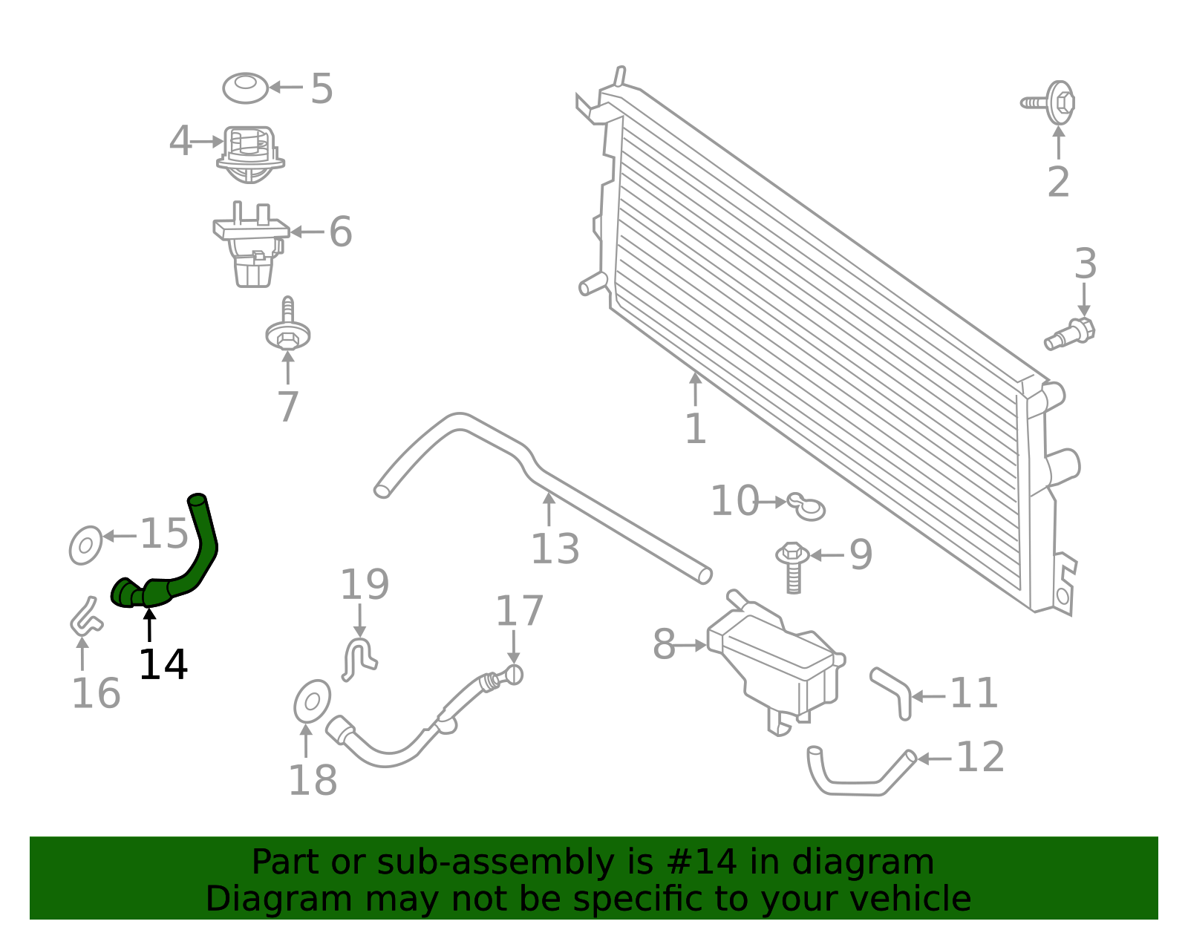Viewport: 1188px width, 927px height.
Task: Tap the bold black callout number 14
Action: (163, 664)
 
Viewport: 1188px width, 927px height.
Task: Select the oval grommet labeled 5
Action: (245, 88)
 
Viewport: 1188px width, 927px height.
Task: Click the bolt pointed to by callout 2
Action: (1054, 102)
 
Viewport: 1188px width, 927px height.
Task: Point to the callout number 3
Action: (1086, 265)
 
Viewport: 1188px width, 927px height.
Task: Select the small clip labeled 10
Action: (807, 506)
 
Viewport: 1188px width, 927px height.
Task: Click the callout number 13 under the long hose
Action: (555, 549)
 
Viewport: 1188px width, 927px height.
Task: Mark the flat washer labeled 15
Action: (85, 546)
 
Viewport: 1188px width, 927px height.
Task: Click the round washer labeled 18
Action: (313, 701)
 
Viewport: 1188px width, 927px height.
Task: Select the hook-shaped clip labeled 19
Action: (359, 657)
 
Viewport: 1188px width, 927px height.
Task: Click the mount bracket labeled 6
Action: (251, 245)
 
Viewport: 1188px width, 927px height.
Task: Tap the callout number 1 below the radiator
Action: (695, 429)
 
